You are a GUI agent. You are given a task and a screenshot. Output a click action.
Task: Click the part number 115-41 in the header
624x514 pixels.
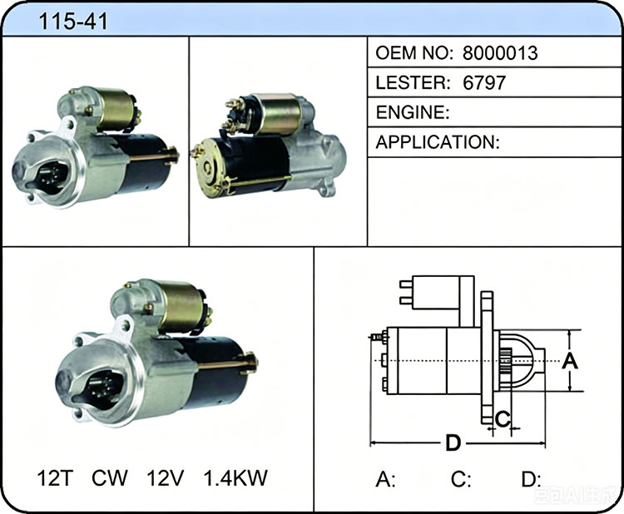coord(73,21)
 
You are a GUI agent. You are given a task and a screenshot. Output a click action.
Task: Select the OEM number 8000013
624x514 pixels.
coord(500,53)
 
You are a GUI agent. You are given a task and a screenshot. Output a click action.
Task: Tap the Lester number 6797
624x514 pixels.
coord(484,82)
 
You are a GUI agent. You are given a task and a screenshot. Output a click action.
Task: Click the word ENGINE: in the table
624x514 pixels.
coord(413,112)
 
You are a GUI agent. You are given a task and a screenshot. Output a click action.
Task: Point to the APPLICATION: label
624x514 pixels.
coord(438,142)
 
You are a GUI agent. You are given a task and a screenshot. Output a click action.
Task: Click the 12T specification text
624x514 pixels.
coord(55,477)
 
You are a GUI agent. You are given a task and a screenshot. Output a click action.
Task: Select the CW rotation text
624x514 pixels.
coord(110,477)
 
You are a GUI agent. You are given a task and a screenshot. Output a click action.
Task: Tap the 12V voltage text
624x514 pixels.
coord(166,477)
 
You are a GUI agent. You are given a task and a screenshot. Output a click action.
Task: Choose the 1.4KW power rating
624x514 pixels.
coord(235,477)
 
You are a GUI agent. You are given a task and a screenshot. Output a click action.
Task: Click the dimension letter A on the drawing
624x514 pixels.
coord(570,361)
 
